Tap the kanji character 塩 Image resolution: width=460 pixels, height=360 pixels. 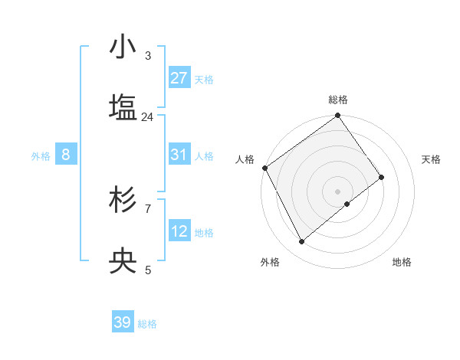tap(123, 108)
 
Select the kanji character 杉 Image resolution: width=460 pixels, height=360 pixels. tap(123, 200)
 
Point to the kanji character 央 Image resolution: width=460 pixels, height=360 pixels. tap(123, 261)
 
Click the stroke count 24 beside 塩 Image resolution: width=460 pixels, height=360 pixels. tap(148, 117)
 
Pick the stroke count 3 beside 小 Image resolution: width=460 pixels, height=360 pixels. tap(148, 56)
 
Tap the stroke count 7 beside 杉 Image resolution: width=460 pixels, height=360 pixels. tap(148, 208)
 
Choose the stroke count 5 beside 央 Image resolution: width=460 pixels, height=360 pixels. tap(148, 270)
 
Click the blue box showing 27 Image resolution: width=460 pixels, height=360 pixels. tap(179, 78)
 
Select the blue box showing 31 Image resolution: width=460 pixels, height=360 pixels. tap(179, 155)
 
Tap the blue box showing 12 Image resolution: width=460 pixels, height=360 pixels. tap(179, 231)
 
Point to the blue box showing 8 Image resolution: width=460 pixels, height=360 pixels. tap(66, 155)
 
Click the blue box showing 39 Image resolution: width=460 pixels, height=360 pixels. tap(123, 322)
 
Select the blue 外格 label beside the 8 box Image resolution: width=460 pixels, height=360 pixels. tap(41, 155)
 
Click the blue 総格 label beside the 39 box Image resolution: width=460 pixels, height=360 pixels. tap(147, 324)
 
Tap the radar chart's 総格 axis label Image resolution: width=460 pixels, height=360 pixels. tap(338, 100)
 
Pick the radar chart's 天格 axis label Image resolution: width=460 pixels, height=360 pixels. tap(431, 159)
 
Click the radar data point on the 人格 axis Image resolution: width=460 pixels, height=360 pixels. tap(264, 168)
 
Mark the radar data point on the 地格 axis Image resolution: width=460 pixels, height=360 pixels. tap(347, 204)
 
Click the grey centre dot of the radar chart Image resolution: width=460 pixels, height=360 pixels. tap(338, 191)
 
